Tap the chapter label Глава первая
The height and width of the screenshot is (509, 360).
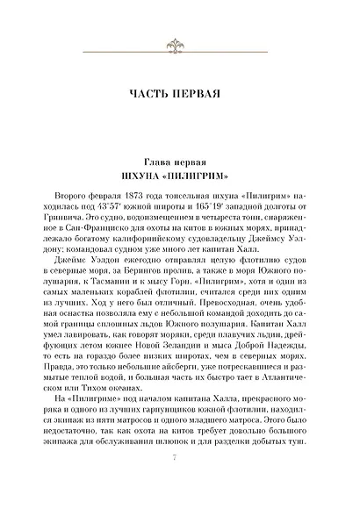click(179, 162)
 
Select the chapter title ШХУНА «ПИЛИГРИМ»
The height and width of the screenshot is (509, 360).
click(179, 176)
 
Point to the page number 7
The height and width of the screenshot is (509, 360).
click(180, 479)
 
